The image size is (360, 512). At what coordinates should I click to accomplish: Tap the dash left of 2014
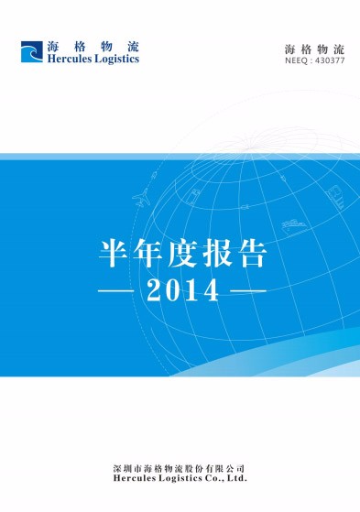[x=116, y=293]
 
